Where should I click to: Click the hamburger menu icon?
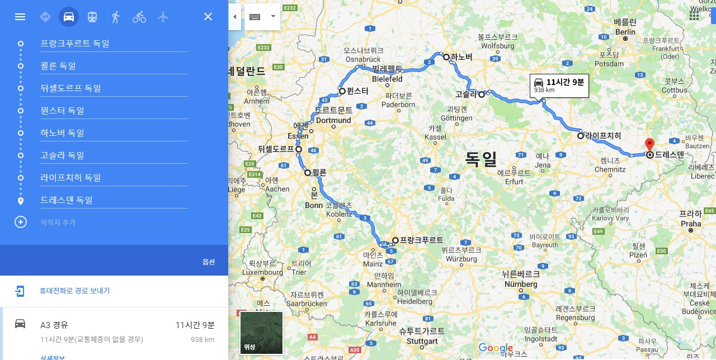click(20, 17)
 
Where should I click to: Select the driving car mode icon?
click(69, 17)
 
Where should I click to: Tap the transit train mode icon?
click(92, 17)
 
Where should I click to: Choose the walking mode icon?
click(116, 17)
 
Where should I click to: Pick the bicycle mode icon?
click(139, 17)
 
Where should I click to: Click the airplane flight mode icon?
click(163, 17)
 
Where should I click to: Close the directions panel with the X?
click(208, 17)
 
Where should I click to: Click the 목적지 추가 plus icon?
click(21, 222)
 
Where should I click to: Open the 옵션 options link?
click(209, 262)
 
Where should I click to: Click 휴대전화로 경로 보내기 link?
click(74, 291)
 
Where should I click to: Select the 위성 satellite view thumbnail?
click(261, 333)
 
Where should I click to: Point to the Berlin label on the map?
click(625, 32)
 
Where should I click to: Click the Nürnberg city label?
click(521, 284)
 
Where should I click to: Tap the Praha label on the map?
click(690, 224)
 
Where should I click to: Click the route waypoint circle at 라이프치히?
click(581, 135)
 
